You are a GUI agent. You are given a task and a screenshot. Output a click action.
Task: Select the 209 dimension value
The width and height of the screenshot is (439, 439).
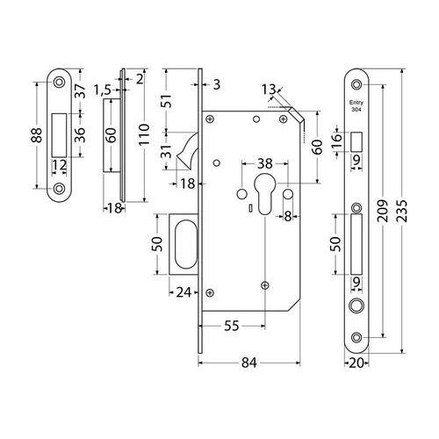pos(383,211)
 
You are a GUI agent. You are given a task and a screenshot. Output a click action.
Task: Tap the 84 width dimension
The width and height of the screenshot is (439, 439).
pos(249,363)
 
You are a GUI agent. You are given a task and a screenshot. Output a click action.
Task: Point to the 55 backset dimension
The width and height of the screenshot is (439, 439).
pos(232,326)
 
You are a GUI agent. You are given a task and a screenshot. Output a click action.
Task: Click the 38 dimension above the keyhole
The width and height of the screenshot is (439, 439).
pos(265,163)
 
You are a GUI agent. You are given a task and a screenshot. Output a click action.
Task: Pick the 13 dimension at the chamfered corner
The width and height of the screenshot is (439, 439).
pos(269,90)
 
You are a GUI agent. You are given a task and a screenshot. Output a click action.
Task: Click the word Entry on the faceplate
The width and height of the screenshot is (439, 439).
pos(356,103)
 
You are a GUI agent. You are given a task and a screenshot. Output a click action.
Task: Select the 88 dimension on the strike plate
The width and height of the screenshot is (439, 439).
pos(37,135)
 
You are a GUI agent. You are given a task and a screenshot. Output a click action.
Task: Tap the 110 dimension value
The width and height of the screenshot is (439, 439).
pos(143,134)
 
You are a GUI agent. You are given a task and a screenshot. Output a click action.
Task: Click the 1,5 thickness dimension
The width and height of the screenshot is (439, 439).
pos(103,90)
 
